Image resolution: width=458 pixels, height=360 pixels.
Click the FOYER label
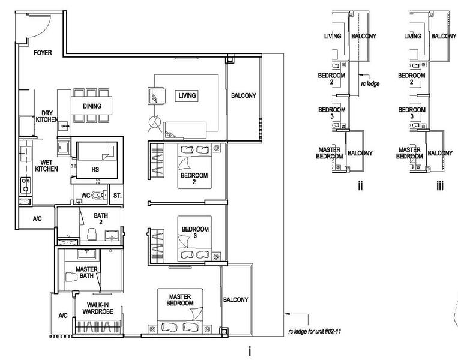pyautogui.click(x=43, y=53)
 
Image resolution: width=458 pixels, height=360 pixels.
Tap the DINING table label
pyautogui.click(x=92, y=106)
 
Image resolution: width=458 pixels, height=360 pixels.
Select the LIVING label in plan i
pyautogui.click(x=187, y=95)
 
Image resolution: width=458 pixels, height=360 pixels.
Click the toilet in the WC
pyautogui.click(x=98, y=195)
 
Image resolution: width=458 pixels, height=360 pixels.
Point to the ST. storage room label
pyautogui.click(x=117, y=196)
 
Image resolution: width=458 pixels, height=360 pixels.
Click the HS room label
pyautogui.click(x=95, y=169)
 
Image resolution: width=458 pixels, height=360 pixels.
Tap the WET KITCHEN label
pyautogui.click(x=46, y=166)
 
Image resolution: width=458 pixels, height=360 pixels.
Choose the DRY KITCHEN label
pyautogui.click(x=47, y=116)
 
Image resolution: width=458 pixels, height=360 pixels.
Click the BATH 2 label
pyautogui.click(x=101, y=218)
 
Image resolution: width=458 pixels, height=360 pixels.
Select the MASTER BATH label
pyautogui.click(x=87, y=272)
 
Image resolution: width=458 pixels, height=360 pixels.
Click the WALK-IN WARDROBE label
pyautogui.click(x=98, y=308)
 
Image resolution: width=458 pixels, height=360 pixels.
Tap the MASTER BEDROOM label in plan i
pyautogui.click(x=180, y=300)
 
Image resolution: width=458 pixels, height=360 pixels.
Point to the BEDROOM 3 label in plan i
pyautogui.click(x=195, y=232)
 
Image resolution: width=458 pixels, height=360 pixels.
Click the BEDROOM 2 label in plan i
pyautogui.click(x=194, y=179)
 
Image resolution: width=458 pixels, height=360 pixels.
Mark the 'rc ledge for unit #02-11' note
pyautogui.click(x=315, y=331)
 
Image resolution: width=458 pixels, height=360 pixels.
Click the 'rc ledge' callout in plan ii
pyautogui.click(x=370, y=84)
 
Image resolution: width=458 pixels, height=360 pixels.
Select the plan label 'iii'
pyautogui.click(x=440, y=185)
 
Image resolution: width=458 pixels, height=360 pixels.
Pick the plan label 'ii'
pyautogui.click(x=360, y=185)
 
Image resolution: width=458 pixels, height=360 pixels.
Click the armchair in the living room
pyautogui.click(x=157, y=95)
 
